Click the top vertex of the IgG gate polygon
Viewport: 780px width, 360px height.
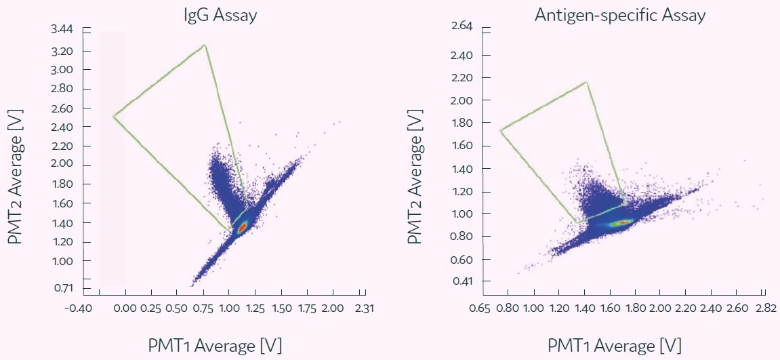click(204, 45)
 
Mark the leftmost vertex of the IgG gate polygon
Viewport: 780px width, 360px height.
click(113, 117)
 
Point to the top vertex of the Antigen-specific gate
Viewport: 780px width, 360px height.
click(586, 82)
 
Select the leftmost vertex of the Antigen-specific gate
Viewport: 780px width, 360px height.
click(500, 130)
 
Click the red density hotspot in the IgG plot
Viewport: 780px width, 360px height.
click(242, 228)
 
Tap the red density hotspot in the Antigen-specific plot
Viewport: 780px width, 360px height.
click(620, 222)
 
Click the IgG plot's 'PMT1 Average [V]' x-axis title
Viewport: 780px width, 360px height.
click(215, 345)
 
